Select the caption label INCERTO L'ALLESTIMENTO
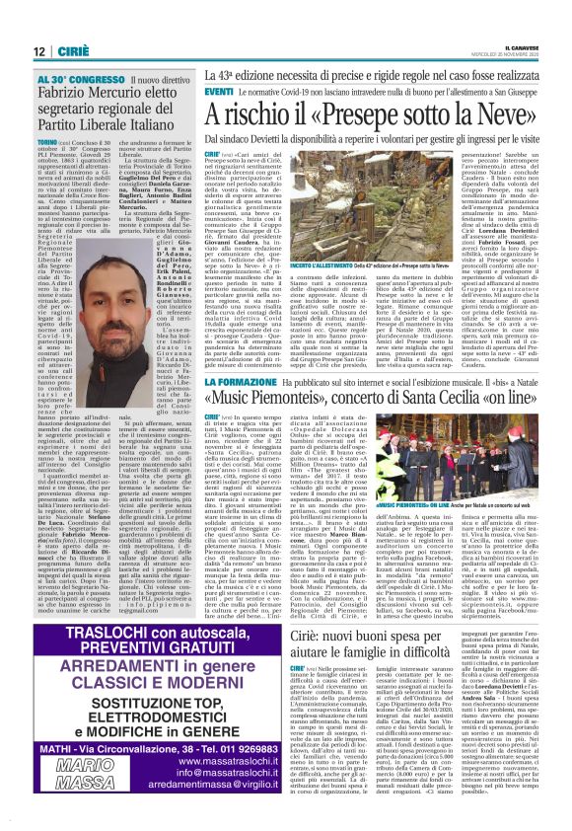248,295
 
